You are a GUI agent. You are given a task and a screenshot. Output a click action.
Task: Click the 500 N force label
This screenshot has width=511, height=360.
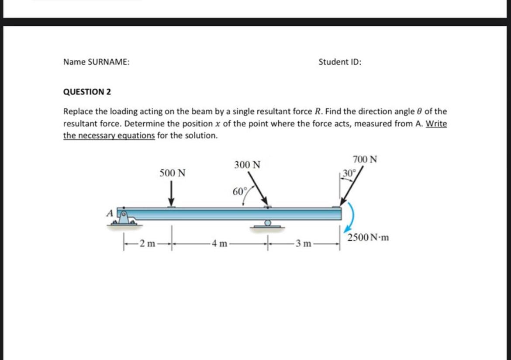pos(173,173)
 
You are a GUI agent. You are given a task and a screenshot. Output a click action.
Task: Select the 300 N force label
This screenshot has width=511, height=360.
pos(247,165)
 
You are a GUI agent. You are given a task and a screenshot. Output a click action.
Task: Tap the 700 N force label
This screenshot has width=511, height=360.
pos(365,159)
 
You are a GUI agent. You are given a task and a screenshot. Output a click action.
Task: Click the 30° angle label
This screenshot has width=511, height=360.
pos(349,172)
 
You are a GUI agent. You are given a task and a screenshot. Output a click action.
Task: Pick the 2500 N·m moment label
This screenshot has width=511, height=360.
pos(368,238)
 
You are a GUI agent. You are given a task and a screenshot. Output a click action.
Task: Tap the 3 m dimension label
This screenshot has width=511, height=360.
pos(303,243)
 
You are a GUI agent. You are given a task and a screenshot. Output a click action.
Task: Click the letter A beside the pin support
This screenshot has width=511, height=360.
pos(110,214)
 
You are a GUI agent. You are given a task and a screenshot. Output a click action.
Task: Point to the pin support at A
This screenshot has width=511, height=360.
pos(124,218)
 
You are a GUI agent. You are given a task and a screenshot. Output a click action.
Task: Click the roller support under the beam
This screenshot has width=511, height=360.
pos(267,224)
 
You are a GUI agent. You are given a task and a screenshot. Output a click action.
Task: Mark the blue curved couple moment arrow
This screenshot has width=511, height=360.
pos(352,218)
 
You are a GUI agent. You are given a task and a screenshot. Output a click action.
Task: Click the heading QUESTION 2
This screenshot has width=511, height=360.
pos(87,92)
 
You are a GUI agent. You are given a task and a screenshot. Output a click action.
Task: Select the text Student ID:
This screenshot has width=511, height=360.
pos(340,62)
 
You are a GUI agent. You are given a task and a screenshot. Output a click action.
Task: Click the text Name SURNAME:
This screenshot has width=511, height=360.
pos(96,62)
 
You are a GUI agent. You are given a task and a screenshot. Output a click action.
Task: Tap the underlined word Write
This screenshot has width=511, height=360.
pos(436,124)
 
